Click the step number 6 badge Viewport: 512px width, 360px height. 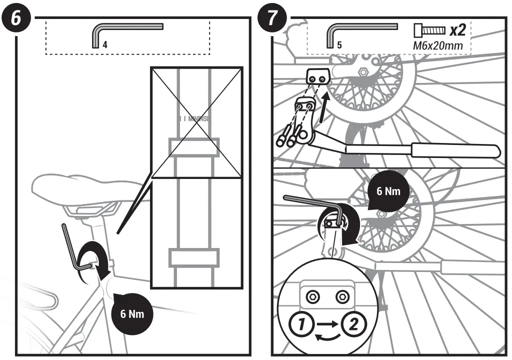tap(16, 18)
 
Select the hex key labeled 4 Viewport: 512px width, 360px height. tap(125, 29)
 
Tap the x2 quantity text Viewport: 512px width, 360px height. tap(457, 30)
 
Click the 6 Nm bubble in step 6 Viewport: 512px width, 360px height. tap(132, 314)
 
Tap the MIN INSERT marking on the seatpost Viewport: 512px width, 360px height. tap(195, 119)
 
